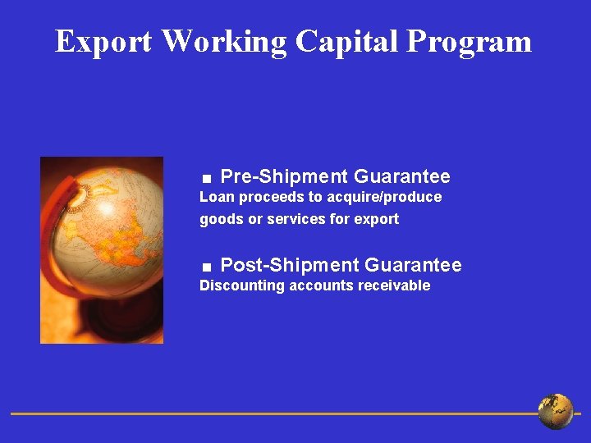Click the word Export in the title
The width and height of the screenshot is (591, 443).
pos(103,41)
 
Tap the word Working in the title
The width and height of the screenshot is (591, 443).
pos(224,41)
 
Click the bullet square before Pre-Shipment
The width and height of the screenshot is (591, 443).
pos(208,178)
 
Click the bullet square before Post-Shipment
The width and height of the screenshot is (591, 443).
pos(208,267)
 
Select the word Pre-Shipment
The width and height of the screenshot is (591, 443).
pos(284,176)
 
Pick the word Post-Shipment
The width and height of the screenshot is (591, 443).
pos(290,265)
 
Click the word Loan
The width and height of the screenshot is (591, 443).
pos(217,197)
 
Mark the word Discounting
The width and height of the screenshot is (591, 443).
pos(242,285)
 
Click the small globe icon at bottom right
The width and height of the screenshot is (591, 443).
pos(556,412)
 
